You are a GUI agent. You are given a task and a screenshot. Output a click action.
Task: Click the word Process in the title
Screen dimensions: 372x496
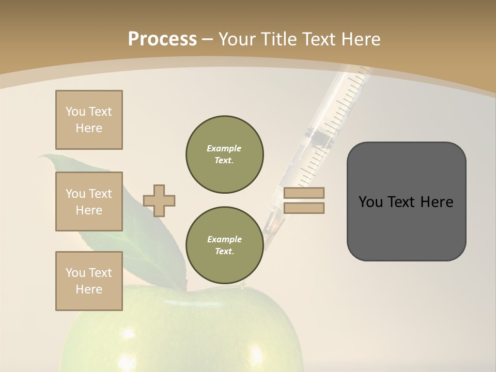point(162,39)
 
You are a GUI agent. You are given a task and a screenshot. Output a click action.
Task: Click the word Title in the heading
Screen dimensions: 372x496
point(280,39)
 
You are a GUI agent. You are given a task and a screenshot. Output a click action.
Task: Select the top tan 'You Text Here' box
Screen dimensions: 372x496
point(89,120)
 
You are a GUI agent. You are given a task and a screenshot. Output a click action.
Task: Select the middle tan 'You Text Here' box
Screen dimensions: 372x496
point(89,202)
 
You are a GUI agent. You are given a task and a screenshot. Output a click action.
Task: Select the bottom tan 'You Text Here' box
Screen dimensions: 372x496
point(89,281)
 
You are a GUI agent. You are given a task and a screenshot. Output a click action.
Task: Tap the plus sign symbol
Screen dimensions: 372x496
point(159,200)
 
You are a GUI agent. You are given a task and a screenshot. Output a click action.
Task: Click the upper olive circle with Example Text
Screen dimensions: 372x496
point(225,154)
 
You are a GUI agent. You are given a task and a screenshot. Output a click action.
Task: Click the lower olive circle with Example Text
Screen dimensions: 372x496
point(225,245)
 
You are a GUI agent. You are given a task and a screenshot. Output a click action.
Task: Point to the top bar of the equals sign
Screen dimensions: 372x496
point(304,193)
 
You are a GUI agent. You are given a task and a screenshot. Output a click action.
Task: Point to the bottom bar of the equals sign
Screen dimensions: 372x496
point(304,208)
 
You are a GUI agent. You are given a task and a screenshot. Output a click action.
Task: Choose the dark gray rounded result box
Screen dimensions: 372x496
point(406,202)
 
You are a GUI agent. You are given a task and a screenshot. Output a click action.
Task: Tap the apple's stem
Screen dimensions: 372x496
point(183,285)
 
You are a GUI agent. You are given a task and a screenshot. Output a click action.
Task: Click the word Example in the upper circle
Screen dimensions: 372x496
point(224,148)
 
